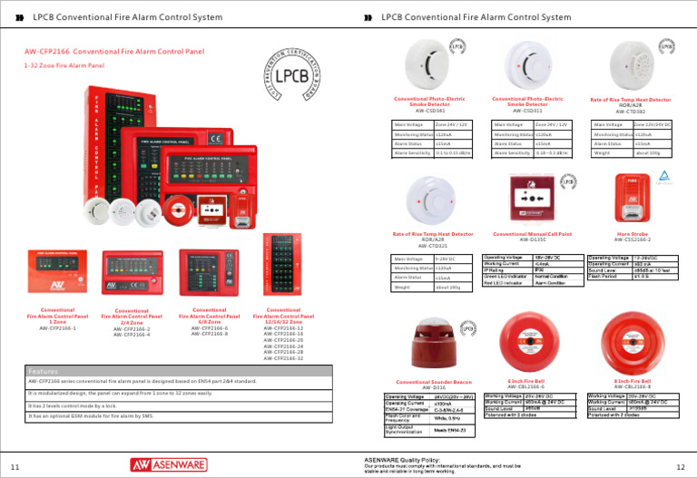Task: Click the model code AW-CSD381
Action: (429, 111)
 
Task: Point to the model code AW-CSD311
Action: (527, 111)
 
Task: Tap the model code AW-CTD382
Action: (631, 111)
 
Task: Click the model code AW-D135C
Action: (532, 240)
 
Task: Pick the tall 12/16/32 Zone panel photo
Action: (282, 264)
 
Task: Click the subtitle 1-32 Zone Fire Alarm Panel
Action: (64, 65)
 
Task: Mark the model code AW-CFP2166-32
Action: (283, 358)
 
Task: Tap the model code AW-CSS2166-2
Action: (633, 240)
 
